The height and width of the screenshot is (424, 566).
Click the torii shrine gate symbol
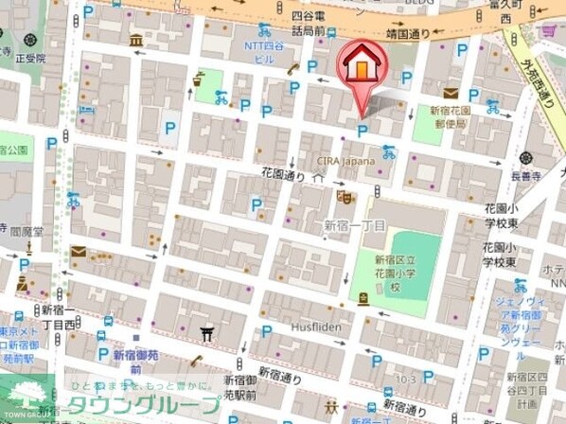(207, 333)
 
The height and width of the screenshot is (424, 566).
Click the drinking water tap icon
(199, 80)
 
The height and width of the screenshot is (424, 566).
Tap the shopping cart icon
(547, 29)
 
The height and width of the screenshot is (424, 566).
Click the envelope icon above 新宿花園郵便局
(450, 93)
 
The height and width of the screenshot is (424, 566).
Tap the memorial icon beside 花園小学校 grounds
(363, 300)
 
